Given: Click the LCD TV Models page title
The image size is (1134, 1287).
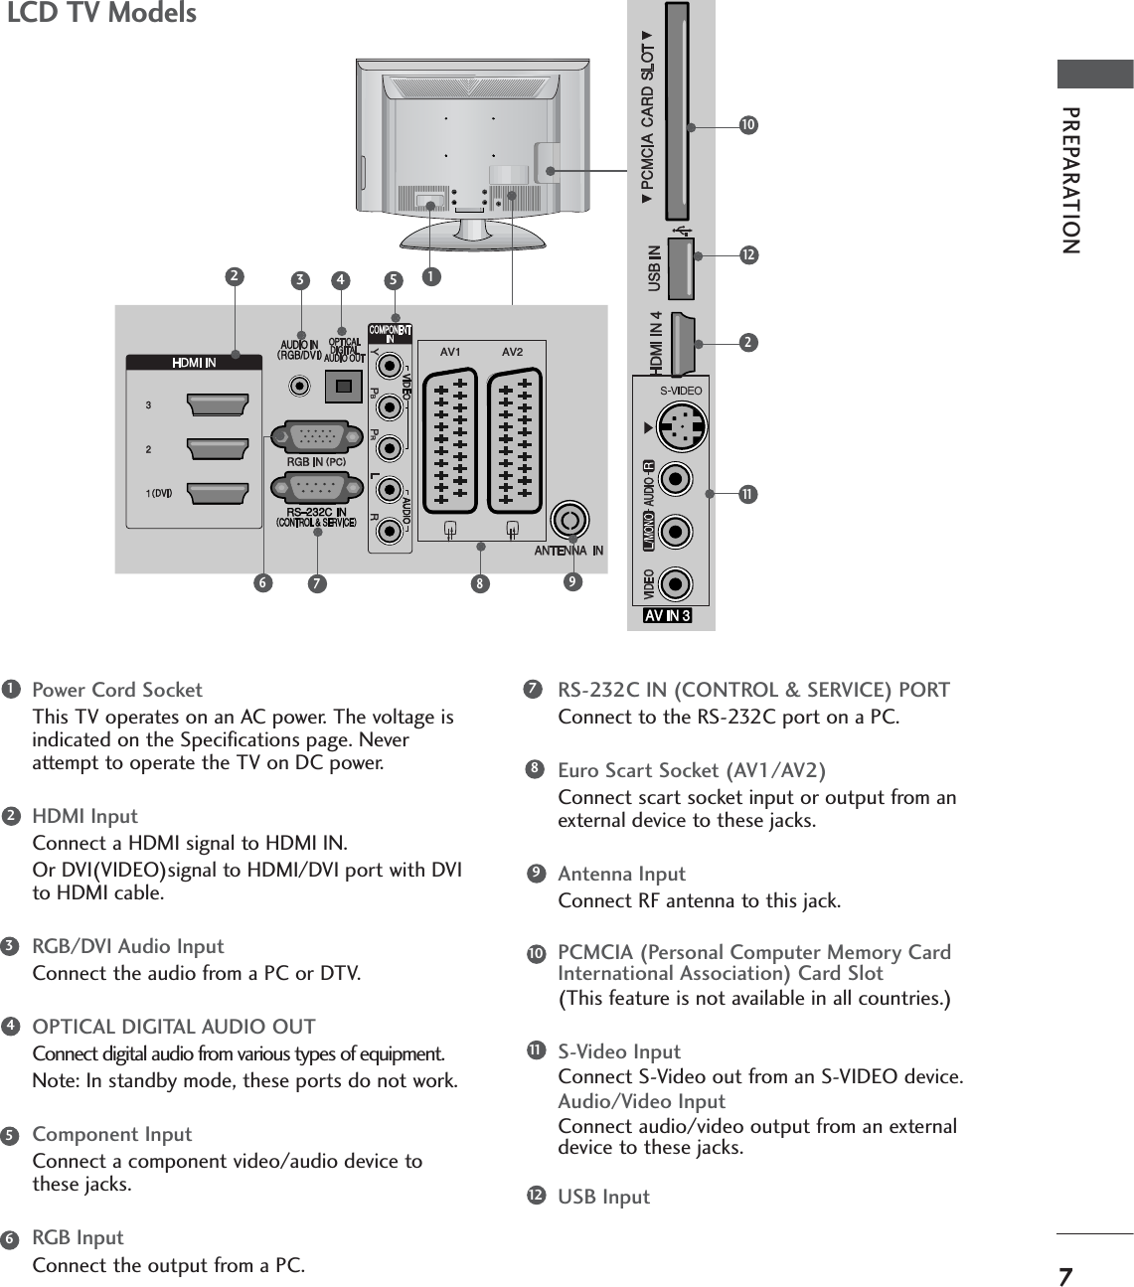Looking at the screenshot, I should [x=102, y=14].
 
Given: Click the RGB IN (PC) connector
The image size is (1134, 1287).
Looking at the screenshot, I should [x=315, y=436].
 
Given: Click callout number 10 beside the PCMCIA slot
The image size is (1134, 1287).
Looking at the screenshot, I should [x=747, y=125].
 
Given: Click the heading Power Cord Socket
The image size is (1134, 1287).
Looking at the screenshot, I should [x=117, y=690].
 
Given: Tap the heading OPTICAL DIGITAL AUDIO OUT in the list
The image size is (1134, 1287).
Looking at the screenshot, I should [x=174, y=1027].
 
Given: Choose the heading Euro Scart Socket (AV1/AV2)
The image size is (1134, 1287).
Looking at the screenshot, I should [x=692, y=770].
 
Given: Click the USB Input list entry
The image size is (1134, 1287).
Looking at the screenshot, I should [x=603, y=1197].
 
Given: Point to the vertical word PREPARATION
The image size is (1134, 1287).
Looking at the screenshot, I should [x=1070, y=179].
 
